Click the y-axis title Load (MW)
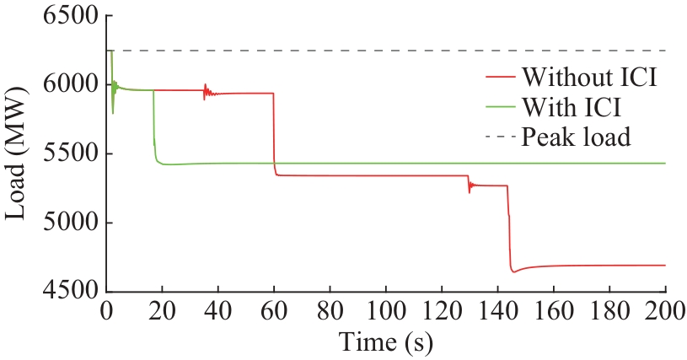(19, 154)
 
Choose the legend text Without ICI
(588, 79)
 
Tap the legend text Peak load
(576, 136)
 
